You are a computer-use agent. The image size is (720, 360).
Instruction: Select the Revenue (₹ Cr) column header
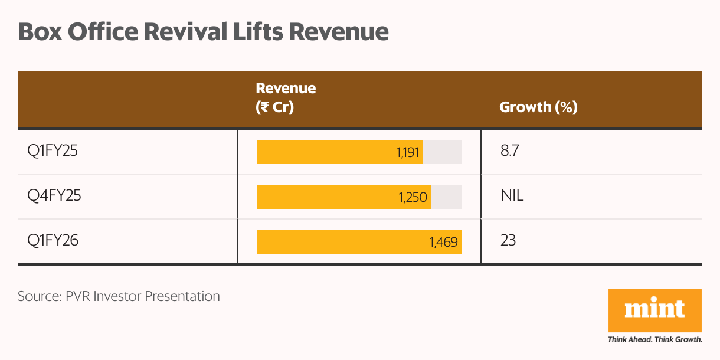286,98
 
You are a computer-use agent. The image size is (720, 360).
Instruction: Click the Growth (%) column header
538,107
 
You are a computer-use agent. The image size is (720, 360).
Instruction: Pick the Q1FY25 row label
53,152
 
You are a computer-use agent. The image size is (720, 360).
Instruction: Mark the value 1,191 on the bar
408,153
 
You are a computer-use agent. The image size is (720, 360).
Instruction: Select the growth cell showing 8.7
509,152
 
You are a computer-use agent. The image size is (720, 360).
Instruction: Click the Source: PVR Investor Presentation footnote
119,296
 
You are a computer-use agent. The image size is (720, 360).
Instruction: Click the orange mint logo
654,310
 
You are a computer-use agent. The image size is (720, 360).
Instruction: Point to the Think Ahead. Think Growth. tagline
654,340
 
